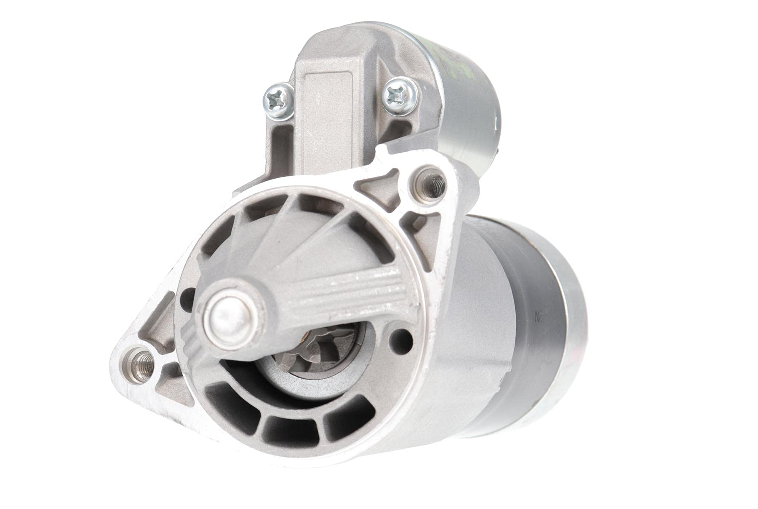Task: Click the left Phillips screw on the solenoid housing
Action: click(x=278, y=99)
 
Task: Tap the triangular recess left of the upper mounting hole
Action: click(x=381, y=190)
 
